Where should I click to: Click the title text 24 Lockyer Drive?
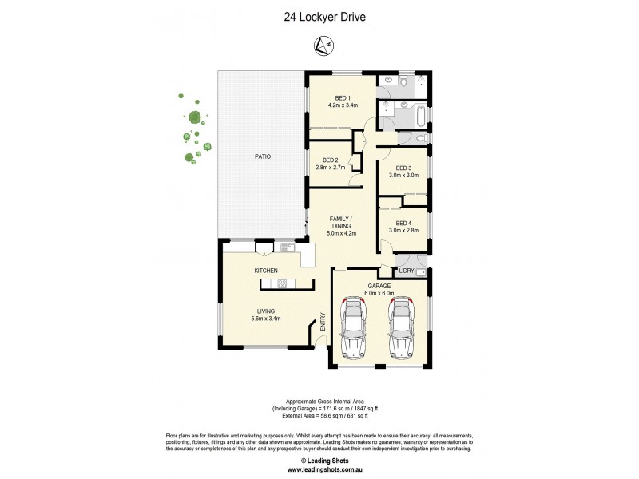319,17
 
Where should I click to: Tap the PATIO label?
263,156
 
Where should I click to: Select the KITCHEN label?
266,271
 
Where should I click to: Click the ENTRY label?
323,321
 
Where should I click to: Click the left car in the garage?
354,330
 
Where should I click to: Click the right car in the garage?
402,330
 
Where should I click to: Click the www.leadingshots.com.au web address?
319,469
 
